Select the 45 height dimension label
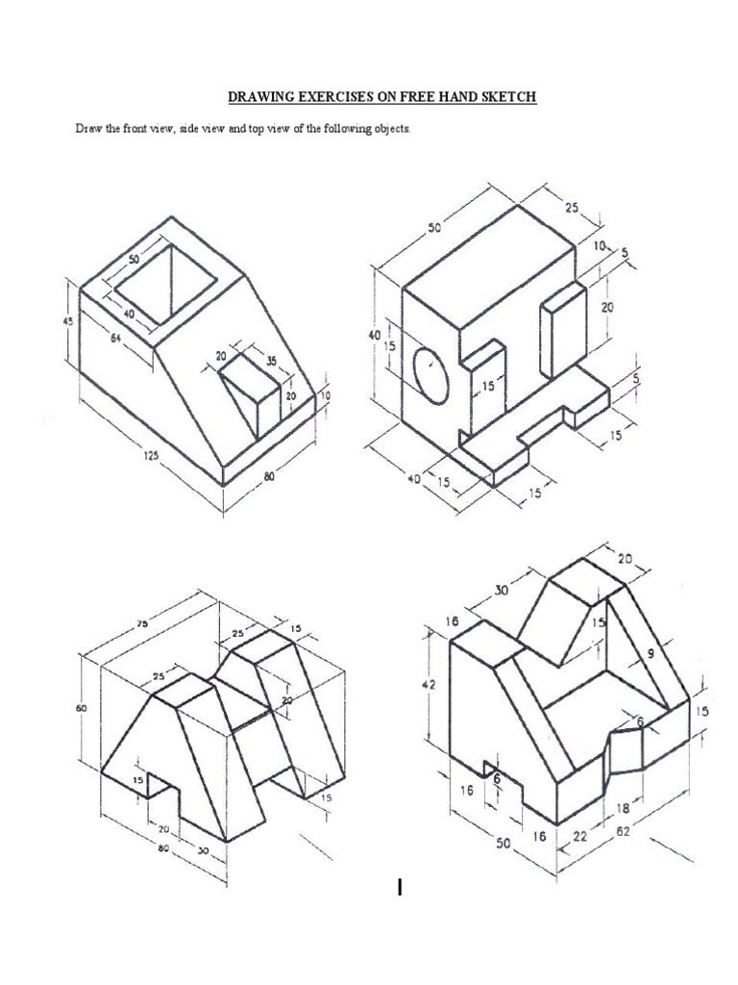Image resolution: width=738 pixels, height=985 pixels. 66,321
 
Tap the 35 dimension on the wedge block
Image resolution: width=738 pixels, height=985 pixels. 270,362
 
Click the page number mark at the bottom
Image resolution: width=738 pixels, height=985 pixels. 399,888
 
